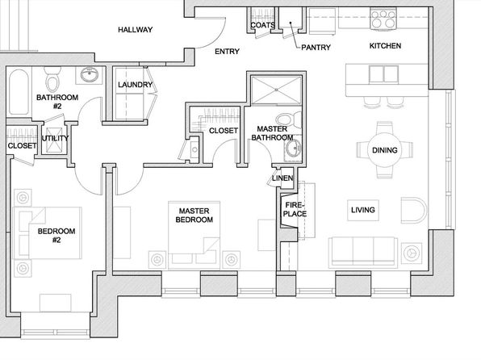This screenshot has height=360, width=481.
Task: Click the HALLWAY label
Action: pyautogui.click(x=136, y=30)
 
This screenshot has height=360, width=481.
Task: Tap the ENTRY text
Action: pyautogui.click(x=227, y=52)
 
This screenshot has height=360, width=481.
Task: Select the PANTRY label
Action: pyautogui.click(x=316, y=48)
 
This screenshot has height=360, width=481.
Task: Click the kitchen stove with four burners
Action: pyautogui.click(x=383, y=19)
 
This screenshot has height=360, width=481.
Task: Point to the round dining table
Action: pyautogui.click(x=384, y=150)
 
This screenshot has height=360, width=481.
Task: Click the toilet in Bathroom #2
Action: pyautogui.click(x=53, y=79)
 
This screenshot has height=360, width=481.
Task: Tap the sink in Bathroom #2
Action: pyautogui.click(x=90, y=74)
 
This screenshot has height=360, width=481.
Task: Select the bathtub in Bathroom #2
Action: pyautogui.click(x=19, y=91)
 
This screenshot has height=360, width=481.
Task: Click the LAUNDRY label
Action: pyautogui.click(x=136, y=85)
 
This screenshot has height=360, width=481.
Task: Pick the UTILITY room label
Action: pyautogui.click(x=55, y=138)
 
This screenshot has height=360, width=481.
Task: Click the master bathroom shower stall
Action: pyautogui.click(x=276, y=90)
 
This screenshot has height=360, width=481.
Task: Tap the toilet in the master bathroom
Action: pyautogui.click(x=289, y=120)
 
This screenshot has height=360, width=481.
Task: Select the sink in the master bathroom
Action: pyautogui.click(x=294, y=149)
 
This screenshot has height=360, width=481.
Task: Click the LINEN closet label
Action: pyautogui.click(x=282, y=178)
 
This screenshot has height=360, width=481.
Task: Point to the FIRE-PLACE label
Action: pyautogui.click(x=295, y=209)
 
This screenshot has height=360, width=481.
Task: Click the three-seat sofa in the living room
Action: pyautogui.click(x=363, y=252)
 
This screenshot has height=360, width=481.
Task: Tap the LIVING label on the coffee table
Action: pyautogui.click(x=363, y=210)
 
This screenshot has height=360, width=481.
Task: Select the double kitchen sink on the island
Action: pyautogui.click(x=383, y=74)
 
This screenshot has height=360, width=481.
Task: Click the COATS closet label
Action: pyautogui.click(x=263, y=25)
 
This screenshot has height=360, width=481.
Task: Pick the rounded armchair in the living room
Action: pyautogui.click(x=413, y=210)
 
